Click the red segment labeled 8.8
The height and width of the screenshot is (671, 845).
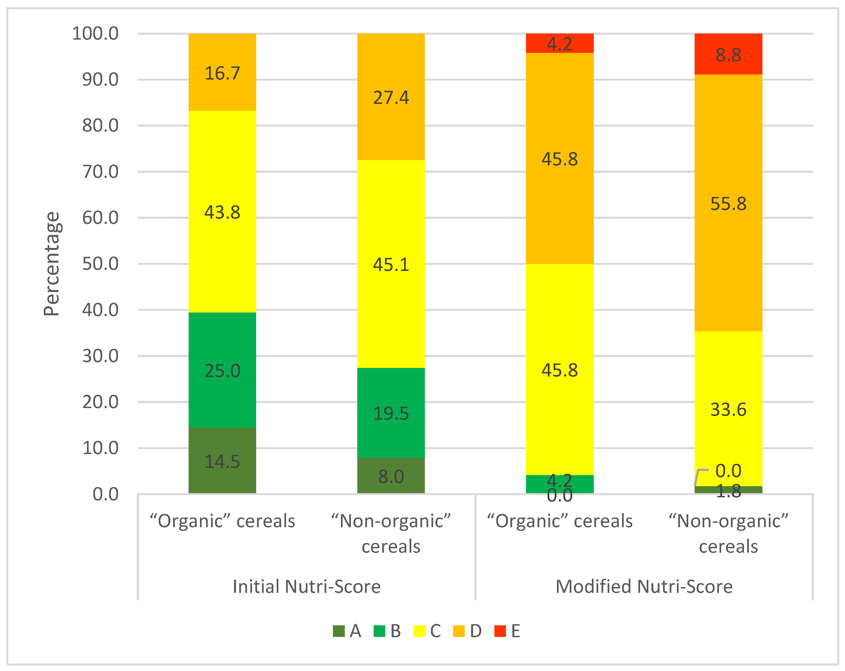(x=728, y=54)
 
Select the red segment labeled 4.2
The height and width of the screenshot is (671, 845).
(x=560, y=43)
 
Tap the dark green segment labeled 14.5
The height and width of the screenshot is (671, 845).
(x=222, y=460)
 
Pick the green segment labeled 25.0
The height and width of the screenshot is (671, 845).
(x=222, y=370)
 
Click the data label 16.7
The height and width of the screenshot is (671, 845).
(x=222, y=73)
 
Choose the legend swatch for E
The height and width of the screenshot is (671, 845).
(x=500, y=631)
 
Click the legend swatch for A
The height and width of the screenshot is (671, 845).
(x=339, y=631)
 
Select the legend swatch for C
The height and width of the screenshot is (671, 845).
(x=419, y=631)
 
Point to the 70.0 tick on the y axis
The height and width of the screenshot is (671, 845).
(x=100, y=172)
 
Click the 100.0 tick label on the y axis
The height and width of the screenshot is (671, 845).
(x=95, y=34)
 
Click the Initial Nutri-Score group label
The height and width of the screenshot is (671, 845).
(x=307, y=587)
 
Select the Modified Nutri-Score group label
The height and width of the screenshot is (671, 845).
(x=644, y=587)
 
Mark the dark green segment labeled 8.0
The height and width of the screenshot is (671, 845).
(x=391, y=475)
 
